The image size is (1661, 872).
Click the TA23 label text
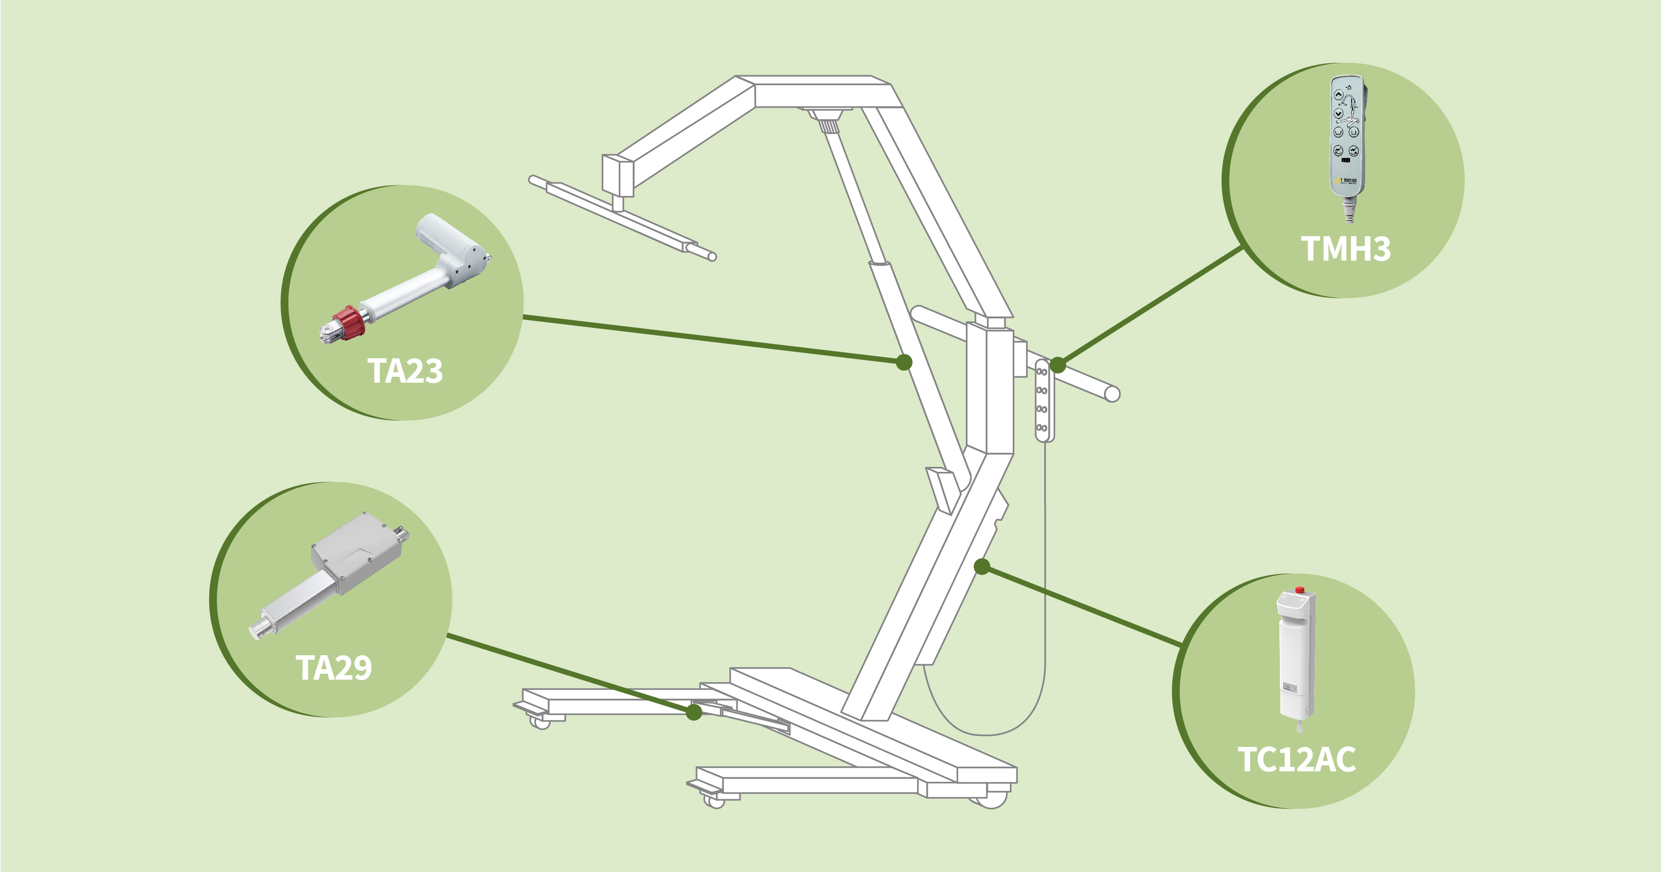pyautogui.click(x=405, y=371)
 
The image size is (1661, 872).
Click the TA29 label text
pyautogui.click(x=333, y=668)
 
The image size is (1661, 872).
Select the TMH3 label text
pyautogui.click(x=1345, y=249)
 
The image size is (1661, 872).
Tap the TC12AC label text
pyautogui.click(x=1296, y=759)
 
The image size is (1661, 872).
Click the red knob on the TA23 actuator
pyautogui.click(x=349, y=320)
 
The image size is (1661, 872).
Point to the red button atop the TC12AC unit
pyautogui.click(x=1299, y=589)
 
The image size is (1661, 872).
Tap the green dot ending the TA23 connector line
pyautogui.click(x=904, y=362)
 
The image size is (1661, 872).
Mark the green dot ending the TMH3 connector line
pyautogui.click(x=1058, y=365)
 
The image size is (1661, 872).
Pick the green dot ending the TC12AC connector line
pyautogui.click(x=981, y=567)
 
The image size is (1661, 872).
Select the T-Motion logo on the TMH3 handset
pyautogui.click(x=1346, y=180)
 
